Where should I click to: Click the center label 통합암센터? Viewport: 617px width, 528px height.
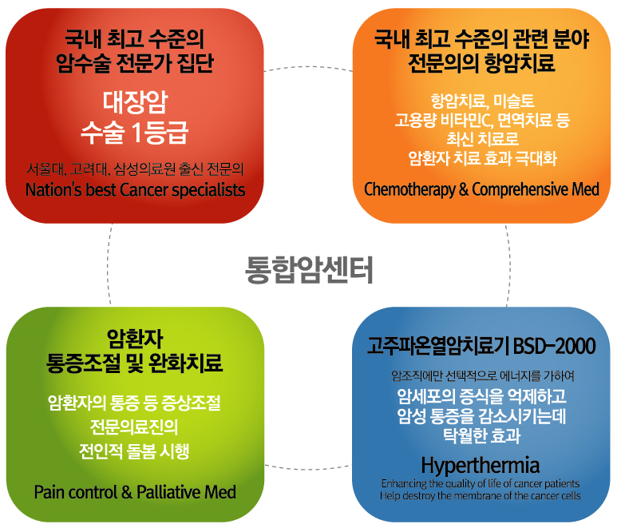click(x=309, y=270)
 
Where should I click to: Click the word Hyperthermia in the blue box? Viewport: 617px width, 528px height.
click(x=480, y=466)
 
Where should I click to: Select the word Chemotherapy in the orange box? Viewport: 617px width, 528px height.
click(x=409, y=189)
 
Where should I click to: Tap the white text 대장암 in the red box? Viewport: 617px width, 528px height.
click(x=136, y=102)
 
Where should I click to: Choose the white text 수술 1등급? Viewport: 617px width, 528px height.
click(x=135, y=133)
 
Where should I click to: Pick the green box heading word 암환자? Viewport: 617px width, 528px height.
click(x=135, y=339)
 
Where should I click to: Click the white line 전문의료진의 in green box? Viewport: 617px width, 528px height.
click(x=134, y=427)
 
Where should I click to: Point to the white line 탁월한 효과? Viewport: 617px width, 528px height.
click(x=481, y=435)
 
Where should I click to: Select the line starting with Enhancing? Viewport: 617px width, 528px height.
click(x=481, y=483)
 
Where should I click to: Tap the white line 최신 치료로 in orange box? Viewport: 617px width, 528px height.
click(x=482, y=139)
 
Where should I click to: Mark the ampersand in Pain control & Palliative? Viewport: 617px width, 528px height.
click(x=127, y=493)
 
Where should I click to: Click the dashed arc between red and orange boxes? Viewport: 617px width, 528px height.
click(x=309, y=66)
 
